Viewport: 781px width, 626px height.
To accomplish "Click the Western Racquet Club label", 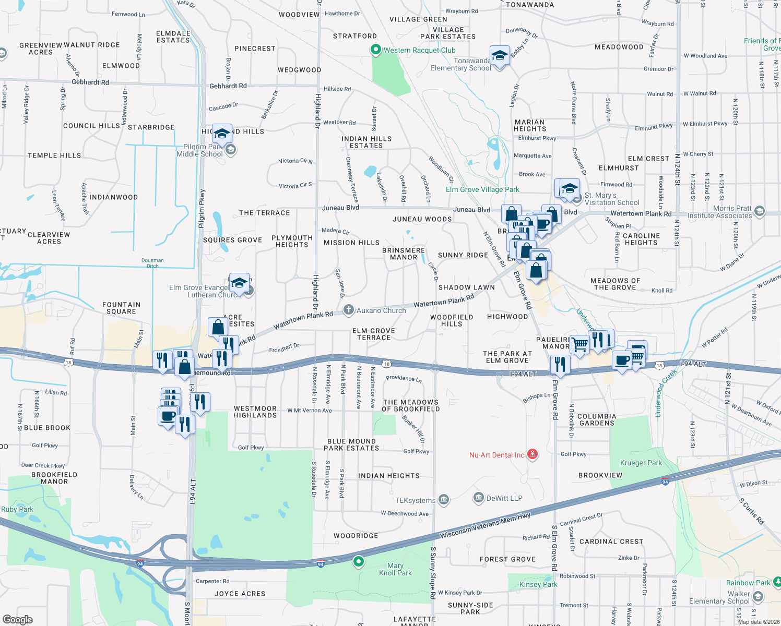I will pos(419,51).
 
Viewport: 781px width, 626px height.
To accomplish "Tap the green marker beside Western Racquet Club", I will pos(375,50).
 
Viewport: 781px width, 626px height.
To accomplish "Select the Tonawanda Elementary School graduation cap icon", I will pos(500,56).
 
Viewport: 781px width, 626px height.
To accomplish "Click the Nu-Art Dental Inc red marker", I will pos(532,454).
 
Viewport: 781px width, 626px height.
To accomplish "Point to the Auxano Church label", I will pos(381,310).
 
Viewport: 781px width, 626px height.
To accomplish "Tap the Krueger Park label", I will pos(641,463).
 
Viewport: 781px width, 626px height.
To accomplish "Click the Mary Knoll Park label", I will pos(395,569).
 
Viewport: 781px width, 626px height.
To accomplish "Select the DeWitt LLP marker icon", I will pos(478,498).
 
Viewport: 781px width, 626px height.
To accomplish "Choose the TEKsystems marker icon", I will pos(443,500).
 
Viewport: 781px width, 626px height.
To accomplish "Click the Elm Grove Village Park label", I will pos(482,189).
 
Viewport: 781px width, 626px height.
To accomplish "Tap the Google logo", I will pos(18,620).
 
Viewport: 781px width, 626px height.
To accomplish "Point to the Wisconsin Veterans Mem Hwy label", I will pos(485,525).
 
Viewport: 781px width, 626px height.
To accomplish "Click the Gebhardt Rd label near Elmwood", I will pos(90,82).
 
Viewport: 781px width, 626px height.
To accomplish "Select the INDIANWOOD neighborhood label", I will pos(113,197).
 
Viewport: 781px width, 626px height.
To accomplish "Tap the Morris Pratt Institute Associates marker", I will pos(760,211).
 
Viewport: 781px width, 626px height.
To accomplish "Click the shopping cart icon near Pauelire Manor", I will pos(579,344).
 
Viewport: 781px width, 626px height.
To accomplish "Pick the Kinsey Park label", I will pos(538,584).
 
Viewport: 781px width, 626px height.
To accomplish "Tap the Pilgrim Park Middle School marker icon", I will pos(231,150).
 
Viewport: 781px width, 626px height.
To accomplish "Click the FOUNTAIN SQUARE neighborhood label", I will pos(121,308).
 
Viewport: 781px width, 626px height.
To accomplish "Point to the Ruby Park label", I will pos(17,509).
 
